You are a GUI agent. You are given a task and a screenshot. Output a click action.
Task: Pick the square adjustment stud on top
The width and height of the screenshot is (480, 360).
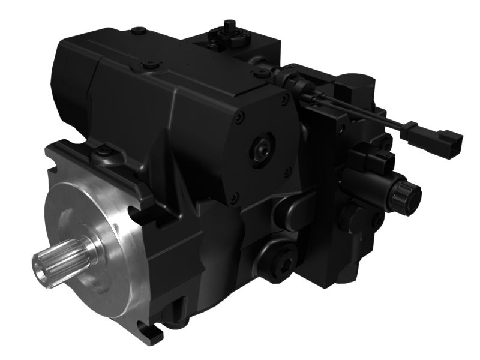[x=229, y=25]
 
